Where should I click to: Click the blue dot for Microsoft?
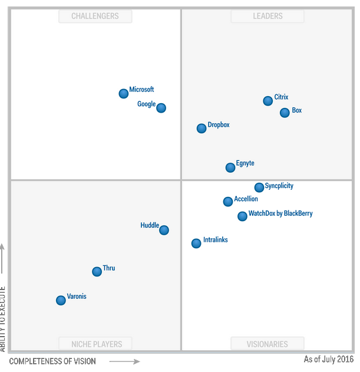[123, 93]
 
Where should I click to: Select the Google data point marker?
[161, 108]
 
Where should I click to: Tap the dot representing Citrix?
[267, 101]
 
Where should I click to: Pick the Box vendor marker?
[285, 113]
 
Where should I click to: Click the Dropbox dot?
[202, 128]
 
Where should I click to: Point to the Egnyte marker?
[230, 167]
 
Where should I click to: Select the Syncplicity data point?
[259, 187]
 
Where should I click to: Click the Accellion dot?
[228, 202]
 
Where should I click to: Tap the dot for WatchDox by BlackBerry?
[242, 216]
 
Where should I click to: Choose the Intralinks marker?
[196, 243]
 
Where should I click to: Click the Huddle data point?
[164, 230]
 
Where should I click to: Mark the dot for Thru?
[97, 271]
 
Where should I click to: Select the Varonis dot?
[61, 300]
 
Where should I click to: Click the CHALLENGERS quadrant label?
[95, 17]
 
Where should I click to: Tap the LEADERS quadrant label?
[267, 17]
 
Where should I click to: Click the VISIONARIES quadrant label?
[267, 344]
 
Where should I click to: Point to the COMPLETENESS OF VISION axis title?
[52, 361]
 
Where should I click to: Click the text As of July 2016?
[328, 359]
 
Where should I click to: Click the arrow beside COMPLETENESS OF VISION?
[124, 361]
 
